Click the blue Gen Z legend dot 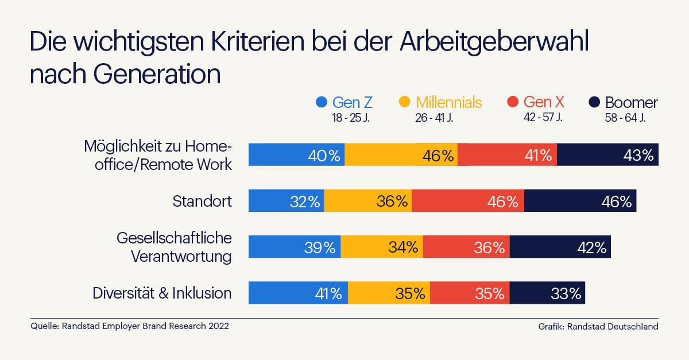click(x=322, y=103)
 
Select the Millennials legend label click(x=448, y=103)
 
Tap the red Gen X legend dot click(x=513, y=103)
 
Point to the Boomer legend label click(x=631, y=103)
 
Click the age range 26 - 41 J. click(x=434, y=118)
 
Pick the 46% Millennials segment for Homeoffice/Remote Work click(x=401, y=155)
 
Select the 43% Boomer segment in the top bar click(x=607, y=155)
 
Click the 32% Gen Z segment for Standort click(x=286, y=201)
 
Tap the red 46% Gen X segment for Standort click(x=467, y=201)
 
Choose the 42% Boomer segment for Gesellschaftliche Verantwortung click(x=560, y=247)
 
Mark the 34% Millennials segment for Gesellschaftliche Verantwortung click(x=382, y=247)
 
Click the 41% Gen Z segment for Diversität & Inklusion click(x=298, y=293)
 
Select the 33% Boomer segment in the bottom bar click(x=547, y=293)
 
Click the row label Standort click(x=202, y=201)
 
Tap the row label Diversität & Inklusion click(x=162, y=293)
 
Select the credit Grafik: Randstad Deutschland click(x=598, y=326)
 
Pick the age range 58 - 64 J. click(x=625, y=118)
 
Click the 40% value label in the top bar click(x=324, y=156)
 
